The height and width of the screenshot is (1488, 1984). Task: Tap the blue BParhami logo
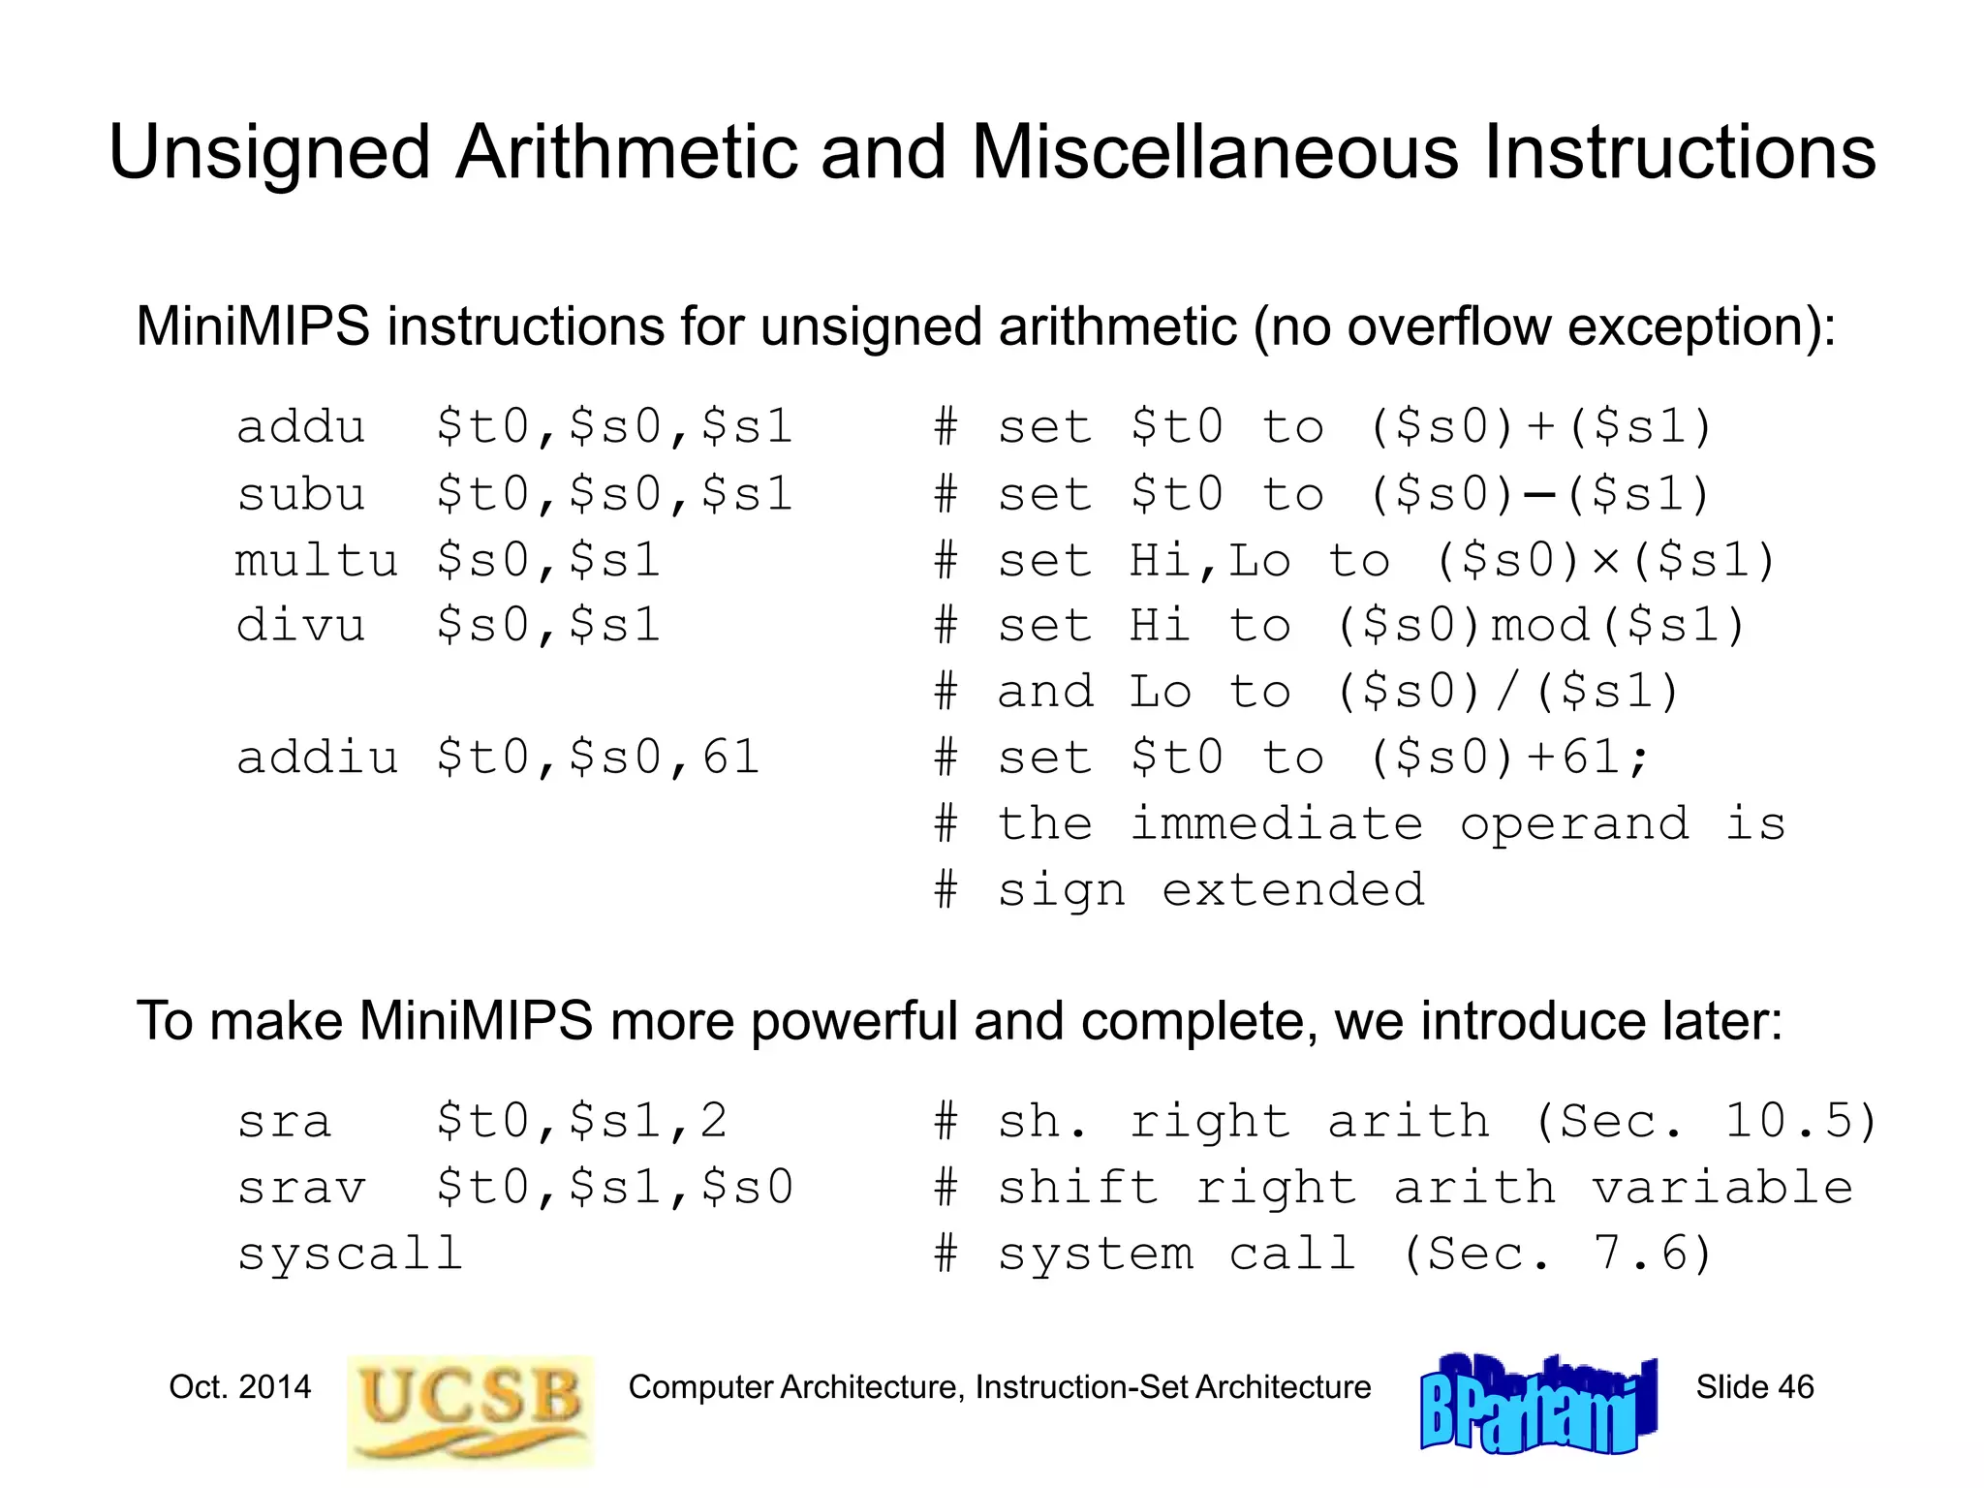[x=1537, y=1405]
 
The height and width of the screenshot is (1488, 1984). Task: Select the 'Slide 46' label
[x=1754, y=1387]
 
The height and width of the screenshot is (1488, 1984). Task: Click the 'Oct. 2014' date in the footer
[x=240, y=1387]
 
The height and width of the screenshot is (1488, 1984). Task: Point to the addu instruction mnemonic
[x=301, y=427]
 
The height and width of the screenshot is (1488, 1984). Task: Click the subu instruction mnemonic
[x=301, y=494]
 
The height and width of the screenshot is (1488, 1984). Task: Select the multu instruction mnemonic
[x=317, y=561]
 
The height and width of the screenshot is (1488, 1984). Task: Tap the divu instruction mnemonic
[x=301, y=626]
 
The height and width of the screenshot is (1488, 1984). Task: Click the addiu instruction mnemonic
[x=317, y=758]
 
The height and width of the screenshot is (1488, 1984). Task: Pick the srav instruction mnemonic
[x=301, y=1188]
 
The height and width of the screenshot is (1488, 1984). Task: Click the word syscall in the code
[x=350, y=1255]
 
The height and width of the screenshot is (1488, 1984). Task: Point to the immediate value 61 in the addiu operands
[x=731, y=758]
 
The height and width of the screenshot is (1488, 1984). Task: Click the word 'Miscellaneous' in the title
[x=1214, y=153]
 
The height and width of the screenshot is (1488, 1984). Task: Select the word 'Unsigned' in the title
[x=269, y=153]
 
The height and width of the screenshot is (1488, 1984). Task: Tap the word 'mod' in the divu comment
[x=1540, y=626]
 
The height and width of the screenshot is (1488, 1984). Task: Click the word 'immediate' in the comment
[x=1277, y=824]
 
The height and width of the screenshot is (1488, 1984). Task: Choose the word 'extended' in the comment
[x=1293, y=890]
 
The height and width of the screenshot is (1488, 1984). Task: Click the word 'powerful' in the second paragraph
[x=854, y=1021]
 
